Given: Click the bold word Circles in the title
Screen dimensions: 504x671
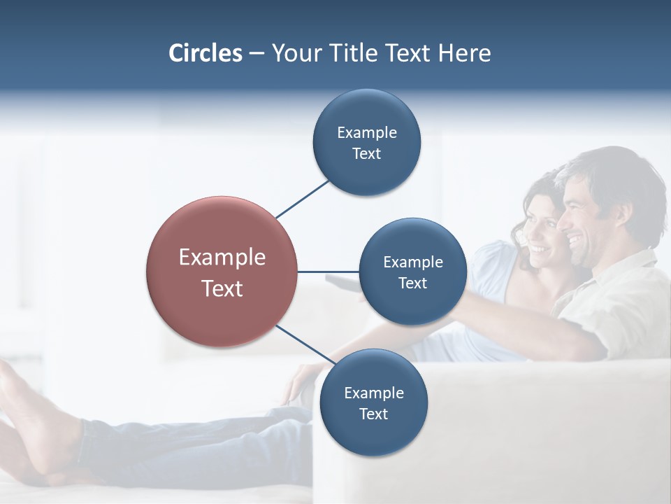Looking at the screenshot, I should pos(205,53).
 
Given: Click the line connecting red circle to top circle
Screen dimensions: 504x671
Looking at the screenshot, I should pos(302,199).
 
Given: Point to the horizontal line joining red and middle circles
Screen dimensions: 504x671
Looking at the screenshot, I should pos(329,272).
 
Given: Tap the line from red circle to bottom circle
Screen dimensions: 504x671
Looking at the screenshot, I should pos(305,345).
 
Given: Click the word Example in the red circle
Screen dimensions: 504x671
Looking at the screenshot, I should pos(222,257).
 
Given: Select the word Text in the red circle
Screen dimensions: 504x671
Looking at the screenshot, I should pos(222,288).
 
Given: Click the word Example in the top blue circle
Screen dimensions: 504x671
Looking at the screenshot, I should pos(367,132).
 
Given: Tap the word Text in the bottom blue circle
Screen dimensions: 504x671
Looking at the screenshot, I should pos(373,414).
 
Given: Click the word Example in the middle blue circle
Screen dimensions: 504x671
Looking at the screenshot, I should pos(413,262).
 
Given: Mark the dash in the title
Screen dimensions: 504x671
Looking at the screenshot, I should pos(257,54).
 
